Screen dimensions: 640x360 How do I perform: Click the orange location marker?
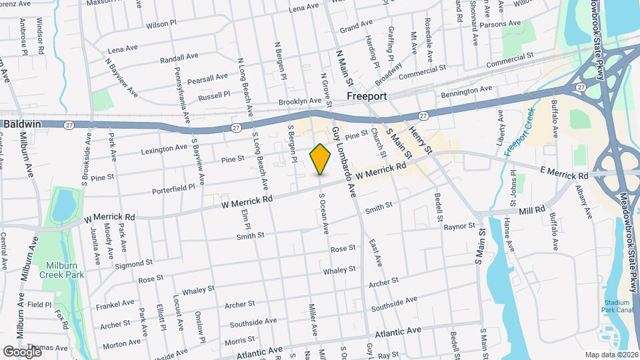(321, 159)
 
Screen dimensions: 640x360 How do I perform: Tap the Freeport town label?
(367, 97)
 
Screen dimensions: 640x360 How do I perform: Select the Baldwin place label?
(23, 124)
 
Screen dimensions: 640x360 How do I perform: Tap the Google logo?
(22, 351)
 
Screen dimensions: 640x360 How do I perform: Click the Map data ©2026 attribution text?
(611, 354)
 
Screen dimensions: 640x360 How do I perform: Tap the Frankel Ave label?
(115, 303)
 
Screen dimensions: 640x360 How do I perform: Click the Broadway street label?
(389, 74)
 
